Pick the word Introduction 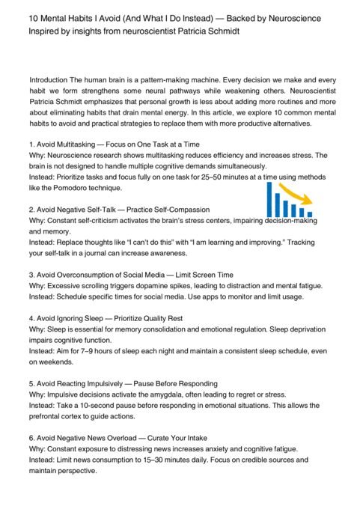pyautogui.click(x=51, y=79)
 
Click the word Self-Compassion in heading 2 pyautogui.click(x=180, y=210)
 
